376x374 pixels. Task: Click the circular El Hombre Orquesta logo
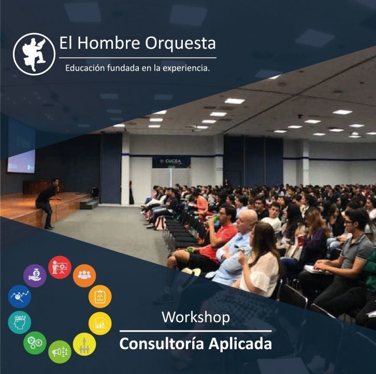[34, 54]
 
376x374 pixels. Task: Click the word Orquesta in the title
[180, 43]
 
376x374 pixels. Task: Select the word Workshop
[196, 317]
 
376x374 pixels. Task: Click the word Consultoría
[162, 344]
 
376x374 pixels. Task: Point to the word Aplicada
[240, 344]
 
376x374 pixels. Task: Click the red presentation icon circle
[60, 267]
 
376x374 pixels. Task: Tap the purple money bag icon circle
[35, 275]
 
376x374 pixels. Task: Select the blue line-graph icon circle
[20, 296]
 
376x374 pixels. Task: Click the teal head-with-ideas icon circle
[20, 322]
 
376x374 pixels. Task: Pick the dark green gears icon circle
[35, 343]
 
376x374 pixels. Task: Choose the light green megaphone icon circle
[60, 352]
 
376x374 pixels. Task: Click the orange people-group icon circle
[84, 275]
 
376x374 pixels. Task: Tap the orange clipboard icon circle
[100, 296]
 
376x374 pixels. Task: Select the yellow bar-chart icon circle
[100, 323]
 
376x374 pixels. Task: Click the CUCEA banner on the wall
[171, 161]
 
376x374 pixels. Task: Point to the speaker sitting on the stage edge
[47, 203]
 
